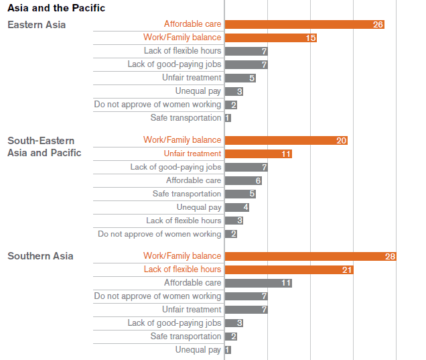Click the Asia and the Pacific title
(56, 9)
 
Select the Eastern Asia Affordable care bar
(304, 24)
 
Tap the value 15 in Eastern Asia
(311, 38)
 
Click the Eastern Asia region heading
(37, 25)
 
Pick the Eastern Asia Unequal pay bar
(234, 91)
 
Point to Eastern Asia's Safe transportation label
(186, 118)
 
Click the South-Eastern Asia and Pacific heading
(44, 147)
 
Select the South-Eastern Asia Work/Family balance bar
(286, 140)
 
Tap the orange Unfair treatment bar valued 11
(258, 154)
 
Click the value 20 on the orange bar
(342, 141)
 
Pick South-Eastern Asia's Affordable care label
(194, 180)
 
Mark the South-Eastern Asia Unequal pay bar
(237, 207)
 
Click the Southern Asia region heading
(40, 256)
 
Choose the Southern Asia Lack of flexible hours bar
(289, 269)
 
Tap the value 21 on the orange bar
(347, 269)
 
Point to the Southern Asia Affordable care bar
(258, 283)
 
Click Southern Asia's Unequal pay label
(198, 350)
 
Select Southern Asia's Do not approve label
(157, 296)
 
